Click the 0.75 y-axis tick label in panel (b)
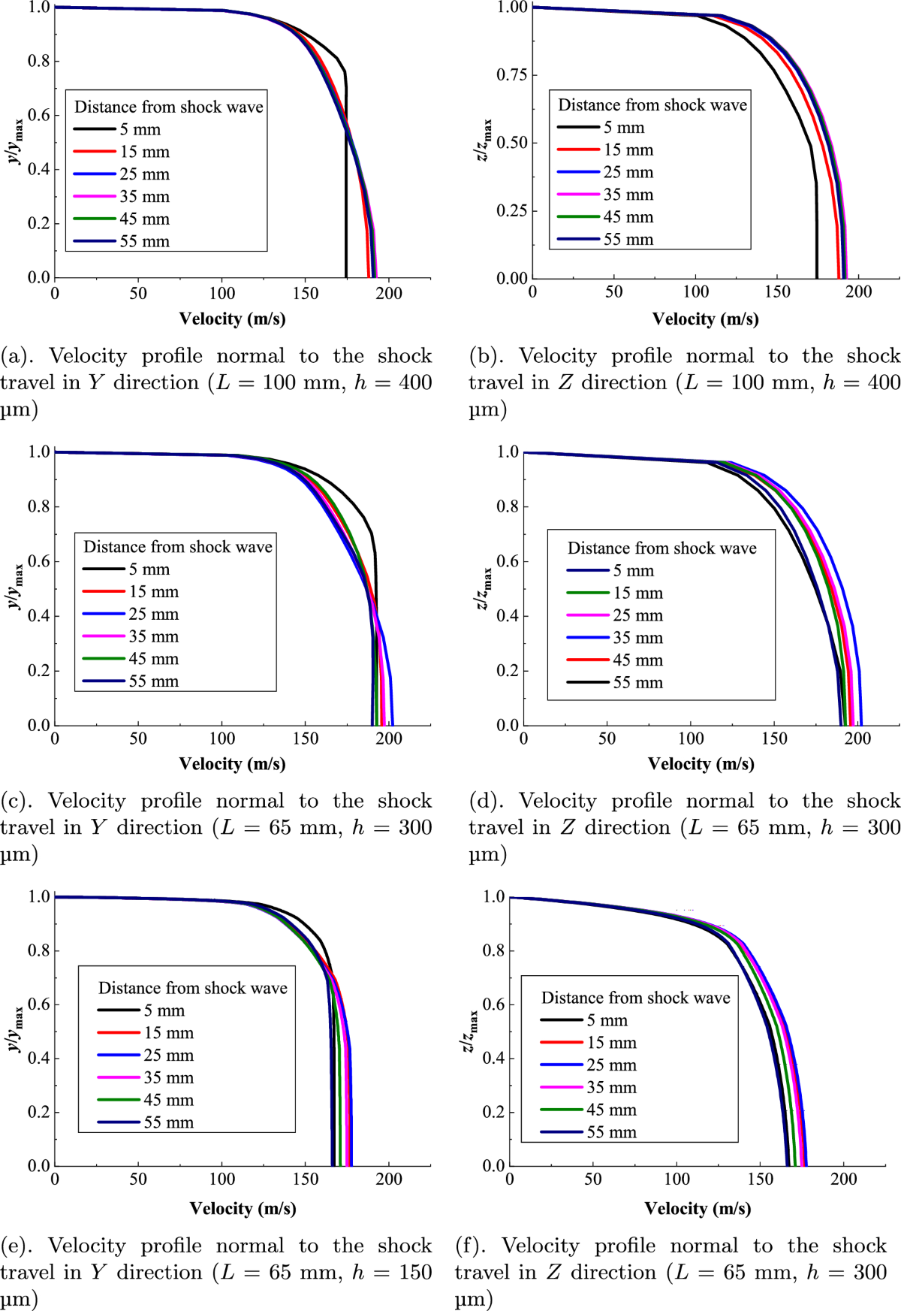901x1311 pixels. tap(511, 75)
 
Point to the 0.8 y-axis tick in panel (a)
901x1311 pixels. tap(54, 61)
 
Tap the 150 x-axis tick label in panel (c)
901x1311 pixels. tap(306, 739)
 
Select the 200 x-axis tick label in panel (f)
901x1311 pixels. tap(843, 1180)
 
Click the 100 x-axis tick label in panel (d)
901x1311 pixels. tap(691, 739)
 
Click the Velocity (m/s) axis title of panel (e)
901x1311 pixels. tap(243, 1209)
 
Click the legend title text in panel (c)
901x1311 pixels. tap(178, 547)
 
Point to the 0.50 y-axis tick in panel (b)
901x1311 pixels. tap(530, 143)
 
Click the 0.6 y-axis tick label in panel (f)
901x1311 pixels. tap(493, 1004)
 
